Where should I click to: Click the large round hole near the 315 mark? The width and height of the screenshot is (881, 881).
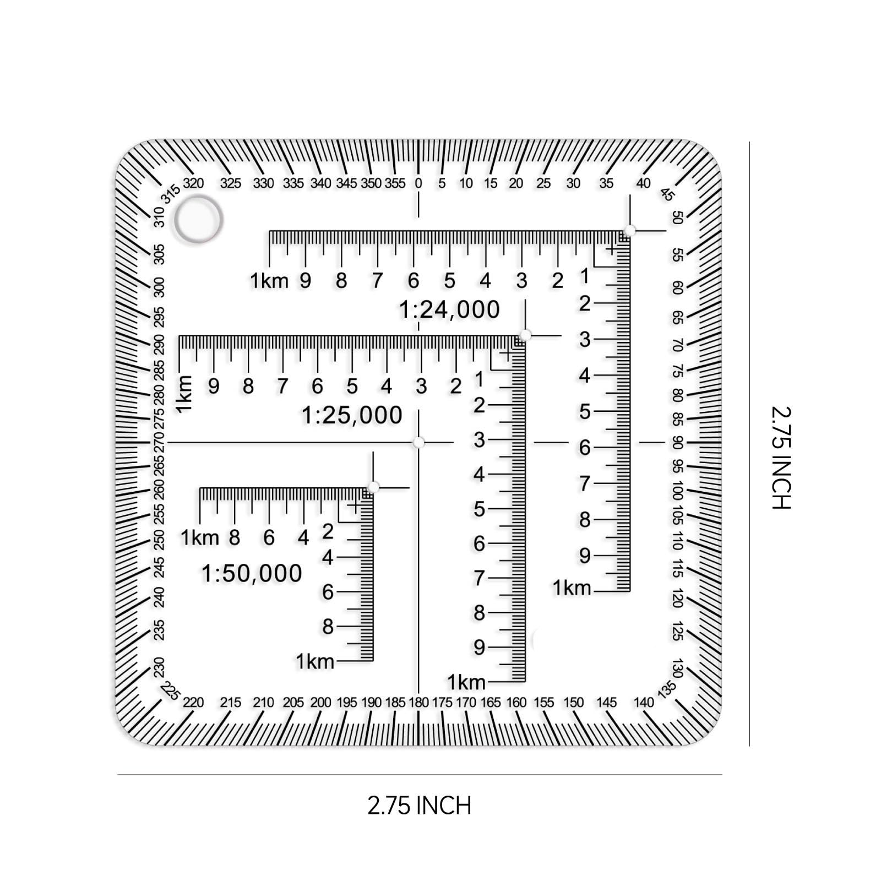[x=198, y=219]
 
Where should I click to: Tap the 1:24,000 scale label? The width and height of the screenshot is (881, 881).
[x=449, y=309]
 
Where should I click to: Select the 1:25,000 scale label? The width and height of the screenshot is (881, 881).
[x=352, y=415]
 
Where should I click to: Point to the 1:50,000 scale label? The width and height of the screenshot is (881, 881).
[x=252, y=574]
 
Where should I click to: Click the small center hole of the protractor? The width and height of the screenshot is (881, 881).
[x=418, y=442]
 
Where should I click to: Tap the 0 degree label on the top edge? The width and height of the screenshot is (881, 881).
[x=418, y=183]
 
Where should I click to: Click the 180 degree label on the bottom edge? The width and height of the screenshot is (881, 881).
[x=418, y=703]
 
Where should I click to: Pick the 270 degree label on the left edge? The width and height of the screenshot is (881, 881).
[x=159, y=442]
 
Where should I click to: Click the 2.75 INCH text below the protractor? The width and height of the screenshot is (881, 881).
[x=420, y=806]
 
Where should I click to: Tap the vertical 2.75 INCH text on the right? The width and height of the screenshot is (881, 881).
[x=781, y=458]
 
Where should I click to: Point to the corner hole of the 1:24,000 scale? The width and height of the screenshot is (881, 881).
[x=630, y=230]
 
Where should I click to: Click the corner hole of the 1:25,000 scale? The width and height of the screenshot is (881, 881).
[x=525, y=335]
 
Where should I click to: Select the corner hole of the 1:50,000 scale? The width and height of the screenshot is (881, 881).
[x=373, y=487]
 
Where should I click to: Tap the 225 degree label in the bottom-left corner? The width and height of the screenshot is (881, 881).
[x=170, y=691]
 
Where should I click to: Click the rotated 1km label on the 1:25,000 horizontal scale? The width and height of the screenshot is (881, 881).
[x=184, y=394]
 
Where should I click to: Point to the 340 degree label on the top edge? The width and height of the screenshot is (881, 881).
[x=320, y=183]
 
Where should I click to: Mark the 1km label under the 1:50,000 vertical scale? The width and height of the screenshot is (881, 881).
[x=315, y=661]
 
